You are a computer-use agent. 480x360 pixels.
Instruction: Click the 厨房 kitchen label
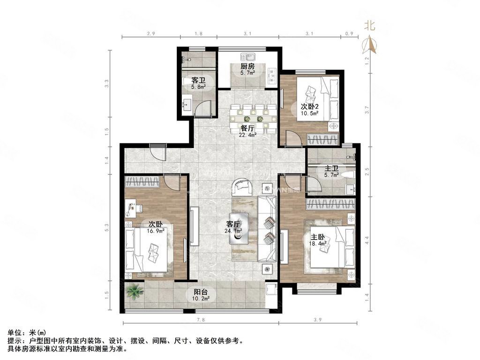pyautogui.click(x=247, y=66)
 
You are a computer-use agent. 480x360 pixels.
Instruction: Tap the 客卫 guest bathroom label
pyautogui.click(x=197, y=81)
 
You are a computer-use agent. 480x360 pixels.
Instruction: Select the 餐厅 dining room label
pyautogui.click(x=247, y=128)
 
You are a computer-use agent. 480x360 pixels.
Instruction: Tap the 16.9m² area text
pyautogui.click(x=157, y=230)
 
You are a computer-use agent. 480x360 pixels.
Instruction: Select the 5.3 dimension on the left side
pyautogui.click(x=107, y=227)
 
